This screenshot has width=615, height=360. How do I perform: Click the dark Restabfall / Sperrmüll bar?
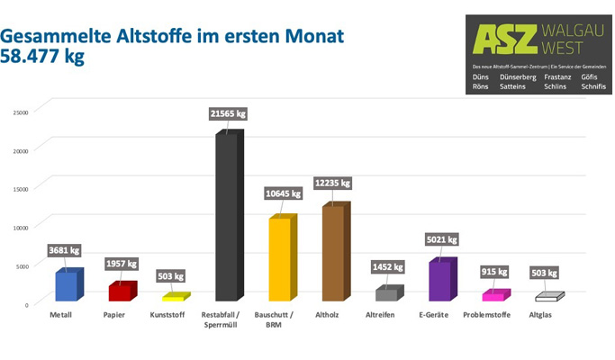click(225, 216)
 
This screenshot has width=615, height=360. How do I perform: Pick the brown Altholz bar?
click(333, 253)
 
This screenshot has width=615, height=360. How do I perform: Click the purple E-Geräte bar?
click(440, 281)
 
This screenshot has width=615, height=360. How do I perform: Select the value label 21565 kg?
click(226, 114)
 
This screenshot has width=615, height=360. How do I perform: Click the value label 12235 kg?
click(333, 184)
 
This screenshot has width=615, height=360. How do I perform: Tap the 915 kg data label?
click(494, 272)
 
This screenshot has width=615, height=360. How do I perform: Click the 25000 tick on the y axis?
click(20, 112)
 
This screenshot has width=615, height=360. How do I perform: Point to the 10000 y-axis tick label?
click(20, 227)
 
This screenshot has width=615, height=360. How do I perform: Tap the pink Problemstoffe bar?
click(493, 295)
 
